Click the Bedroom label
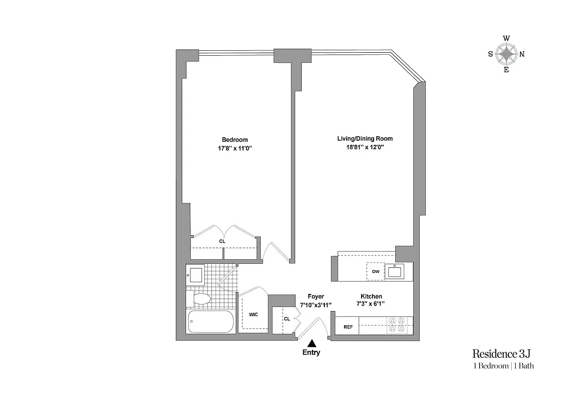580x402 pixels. point(235,140)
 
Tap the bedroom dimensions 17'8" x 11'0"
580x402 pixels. point(235,148)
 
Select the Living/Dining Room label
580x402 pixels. point(365,139)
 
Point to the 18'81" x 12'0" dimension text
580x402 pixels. point(365,148)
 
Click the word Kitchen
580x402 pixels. point(371,296)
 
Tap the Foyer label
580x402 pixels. point(316,296)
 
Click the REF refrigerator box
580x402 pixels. point(348,327)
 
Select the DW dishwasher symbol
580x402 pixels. point(375,271)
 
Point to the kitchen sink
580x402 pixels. point(395,272)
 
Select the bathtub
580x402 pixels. point(211,322)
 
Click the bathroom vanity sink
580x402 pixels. point(195,275)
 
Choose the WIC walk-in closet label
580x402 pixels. point(253,315)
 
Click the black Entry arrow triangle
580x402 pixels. point(312,343)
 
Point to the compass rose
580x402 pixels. point(506,54)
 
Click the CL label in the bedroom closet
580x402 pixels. point(222,241)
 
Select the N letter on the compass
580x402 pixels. point(522,54)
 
